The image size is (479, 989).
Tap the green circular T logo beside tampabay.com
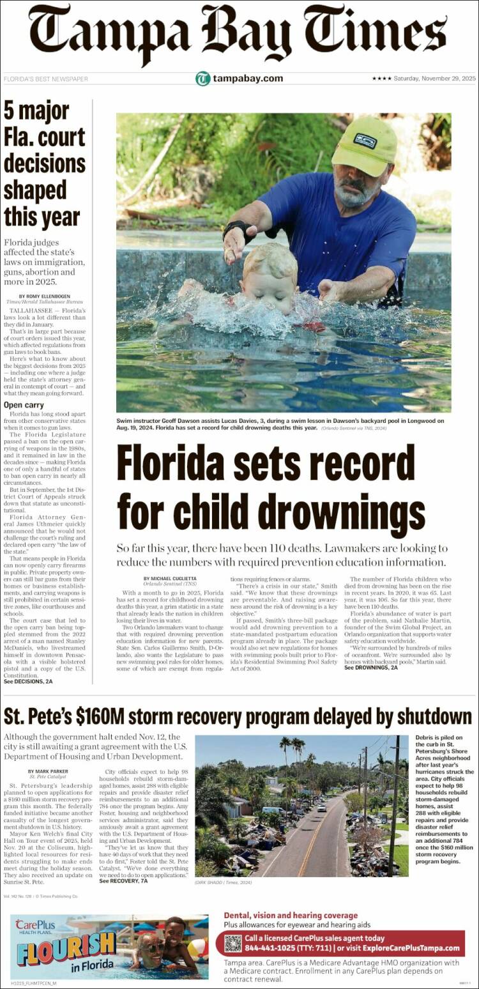[202, 79]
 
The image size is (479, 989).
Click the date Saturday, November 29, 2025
[434, 79]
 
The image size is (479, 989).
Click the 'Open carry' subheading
[24, 404]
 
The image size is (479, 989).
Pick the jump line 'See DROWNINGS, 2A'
[371, 668]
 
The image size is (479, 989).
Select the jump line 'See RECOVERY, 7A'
[124, 881]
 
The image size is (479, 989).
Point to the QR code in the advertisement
[233, 943]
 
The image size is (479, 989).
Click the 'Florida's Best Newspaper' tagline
[46, 79]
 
